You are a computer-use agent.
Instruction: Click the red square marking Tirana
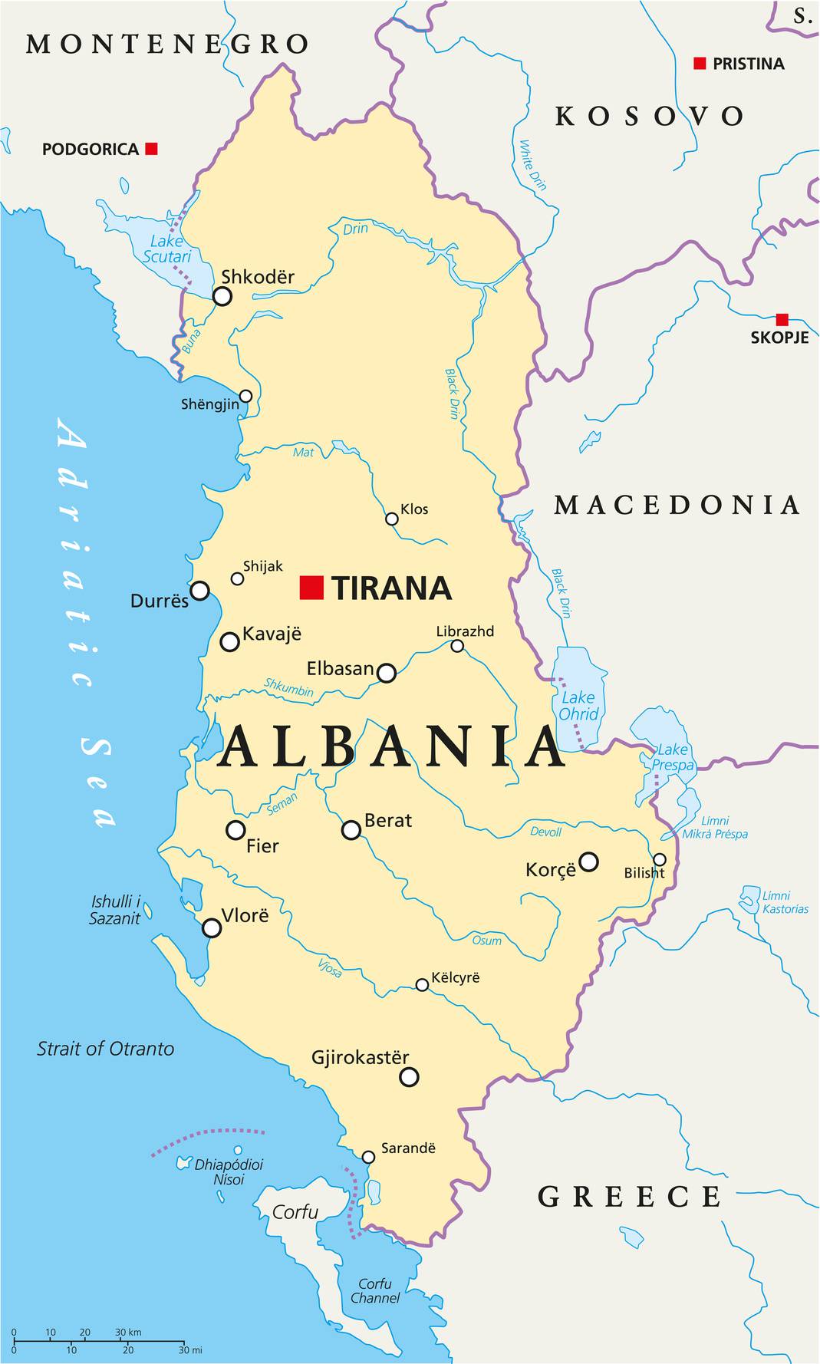[x=311, y=587]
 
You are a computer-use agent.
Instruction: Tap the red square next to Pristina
[x=700, y=64]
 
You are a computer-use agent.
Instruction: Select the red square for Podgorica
[x=152, y=148]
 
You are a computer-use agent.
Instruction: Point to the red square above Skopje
[x=782, y=319]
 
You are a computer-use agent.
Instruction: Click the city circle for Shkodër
[x=222, y=296]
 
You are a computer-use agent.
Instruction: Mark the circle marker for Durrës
[x=199, y=590]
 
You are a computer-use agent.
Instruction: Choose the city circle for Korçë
[x=588, y=862]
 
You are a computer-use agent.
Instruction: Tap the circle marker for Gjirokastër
[x=410, y=1077]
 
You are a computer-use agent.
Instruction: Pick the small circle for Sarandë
[x=368, y=1157]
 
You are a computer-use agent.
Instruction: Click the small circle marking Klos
[x=392, y=519]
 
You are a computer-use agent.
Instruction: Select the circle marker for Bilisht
[x=660, y=859]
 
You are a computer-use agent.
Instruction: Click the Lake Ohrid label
[x=578, y=706]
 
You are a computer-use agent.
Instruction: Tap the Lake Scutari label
[x=166, y=249]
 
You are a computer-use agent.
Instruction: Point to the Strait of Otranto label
[x=106, y=1049]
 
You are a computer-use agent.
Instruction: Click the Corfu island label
[x=295, y=1212]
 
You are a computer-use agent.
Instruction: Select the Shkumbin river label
[x=289, y=687]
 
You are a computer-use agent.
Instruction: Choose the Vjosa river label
[x=331, y=968]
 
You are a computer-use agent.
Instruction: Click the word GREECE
[x=629, y=1197]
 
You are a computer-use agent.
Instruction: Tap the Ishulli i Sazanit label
[x=116, y=910]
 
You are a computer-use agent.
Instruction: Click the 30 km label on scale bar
[x=128, y=1333]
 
